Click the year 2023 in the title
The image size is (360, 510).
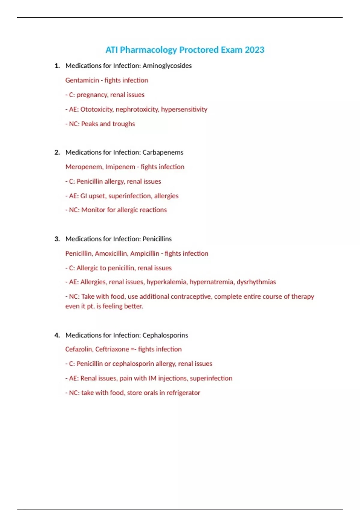pyautogui.click(x=254, y=50)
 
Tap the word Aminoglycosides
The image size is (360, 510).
pyautogui.click(x=167, y=66)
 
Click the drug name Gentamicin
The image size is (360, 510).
pyautogui.click(x=82, y=80)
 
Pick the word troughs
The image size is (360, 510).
pyautogui.click(x=124, y=124)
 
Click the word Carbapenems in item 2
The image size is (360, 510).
pyautogui.click(x=163, y=152)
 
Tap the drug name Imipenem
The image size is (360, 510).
pyautogui.click(x=120, y=167)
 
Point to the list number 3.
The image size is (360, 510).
pyautogui.click(x=57, y=239)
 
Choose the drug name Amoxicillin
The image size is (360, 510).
pyautogui.click(x=111, y=253)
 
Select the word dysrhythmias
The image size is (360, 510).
pyautogui.click(x=256, y=282)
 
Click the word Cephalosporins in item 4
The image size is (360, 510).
pyautogui.click(x=165, y=335)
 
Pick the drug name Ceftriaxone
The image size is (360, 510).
pyautogui.click(x=112, y=349)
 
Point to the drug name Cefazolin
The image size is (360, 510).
pyautogui.click(x=79, y=349)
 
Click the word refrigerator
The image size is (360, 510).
pyautogui.click(x=183, y=393)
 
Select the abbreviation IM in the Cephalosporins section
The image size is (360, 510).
pyautogui.click(x=152, y=378)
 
